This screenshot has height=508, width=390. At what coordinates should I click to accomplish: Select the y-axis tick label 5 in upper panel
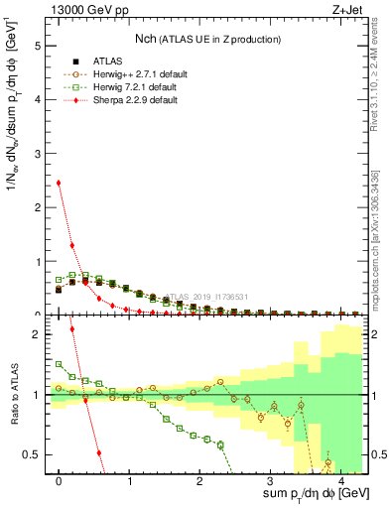(38, 46)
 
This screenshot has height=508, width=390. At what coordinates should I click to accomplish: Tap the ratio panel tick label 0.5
(34, 454)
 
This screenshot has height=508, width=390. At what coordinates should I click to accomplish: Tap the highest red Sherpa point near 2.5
(59, 183)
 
